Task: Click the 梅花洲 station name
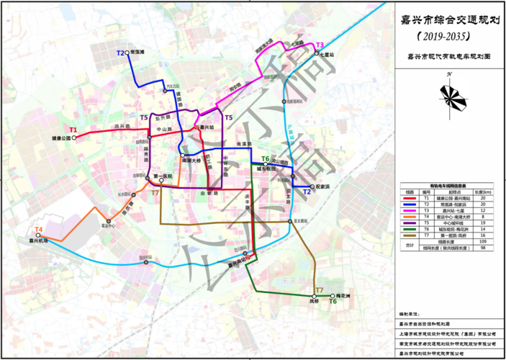[343, 296]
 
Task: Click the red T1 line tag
[73, 130]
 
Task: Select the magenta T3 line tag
[320, 45]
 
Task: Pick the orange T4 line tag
[39, 230]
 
